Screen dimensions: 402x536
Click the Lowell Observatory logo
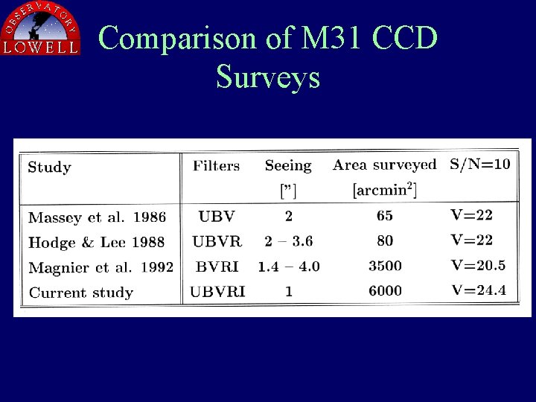[x=41, y=28]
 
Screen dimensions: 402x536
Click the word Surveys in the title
[x=268, y=77]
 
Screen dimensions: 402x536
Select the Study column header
[x=49, y=167]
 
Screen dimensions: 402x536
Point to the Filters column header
[x=216, y=165]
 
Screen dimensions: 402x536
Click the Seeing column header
[x=288, y=166]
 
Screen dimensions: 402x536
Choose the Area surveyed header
[x=384, y=165]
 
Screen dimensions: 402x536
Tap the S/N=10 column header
[x=480, y=165]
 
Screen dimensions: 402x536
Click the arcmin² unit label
[x=384, y=190]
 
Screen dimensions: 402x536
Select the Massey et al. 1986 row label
[x=97, y=217]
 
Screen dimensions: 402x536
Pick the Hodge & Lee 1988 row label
[x=96, y=243]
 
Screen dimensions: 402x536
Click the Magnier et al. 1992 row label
[x=100, y=267]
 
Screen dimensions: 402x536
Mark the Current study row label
[x=80, y=293]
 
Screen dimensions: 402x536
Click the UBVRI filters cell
[x=217, y=292]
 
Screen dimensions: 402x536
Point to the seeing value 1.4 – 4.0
[x=289, y=267]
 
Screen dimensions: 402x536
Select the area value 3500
[x=385, y=266]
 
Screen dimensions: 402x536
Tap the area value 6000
[x=385, y=291]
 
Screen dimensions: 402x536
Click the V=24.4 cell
[x=479, y=290]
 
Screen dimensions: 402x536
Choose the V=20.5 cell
[x=479, y=265]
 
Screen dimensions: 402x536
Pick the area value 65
[x=385, y=216]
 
